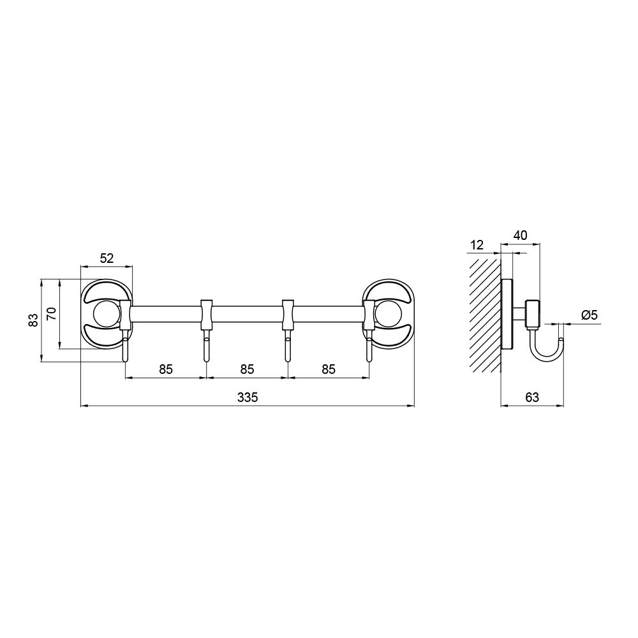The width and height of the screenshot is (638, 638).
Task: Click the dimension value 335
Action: click(248, 397)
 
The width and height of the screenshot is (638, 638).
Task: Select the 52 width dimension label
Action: click(107, 258)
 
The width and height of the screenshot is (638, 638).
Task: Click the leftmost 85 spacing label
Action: click(166, 369)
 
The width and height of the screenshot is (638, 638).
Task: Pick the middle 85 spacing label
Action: click(247, 369)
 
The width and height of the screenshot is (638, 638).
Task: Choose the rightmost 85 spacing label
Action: click(329, 369)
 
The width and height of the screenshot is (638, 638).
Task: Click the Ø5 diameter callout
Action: click(590, 315)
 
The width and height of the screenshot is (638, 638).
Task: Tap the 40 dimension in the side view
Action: click(521, 235)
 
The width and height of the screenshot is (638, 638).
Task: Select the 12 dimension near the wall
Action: click(477, 245)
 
